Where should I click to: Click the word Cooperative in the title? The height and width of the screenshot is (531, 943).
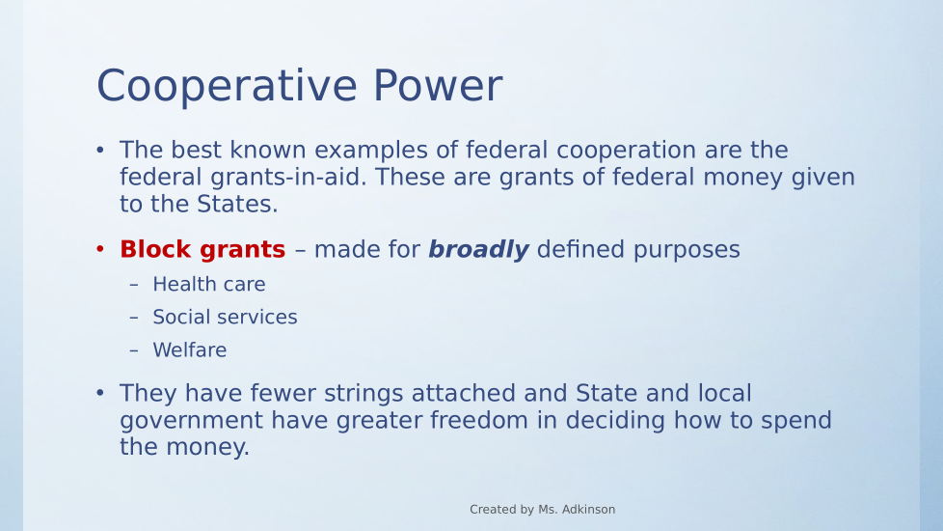[228, 86]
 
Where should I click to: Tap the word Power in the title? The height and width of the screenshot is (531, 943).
[438, 85]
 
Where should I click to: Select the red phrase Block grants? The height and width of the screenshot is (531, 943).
[202, 250]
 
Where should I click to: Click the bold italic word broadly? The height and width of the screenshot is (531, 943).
[478, 249]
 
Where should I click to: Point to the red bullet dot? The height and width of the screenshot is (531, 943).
[100, 249]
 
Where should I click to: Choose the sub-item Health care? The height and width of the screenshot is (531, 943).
[208, 284]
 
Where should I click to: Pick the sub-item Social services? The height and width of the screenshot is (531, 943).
[225, 317]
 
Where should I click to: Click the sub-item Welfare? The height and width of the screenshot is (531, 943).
[189, 349]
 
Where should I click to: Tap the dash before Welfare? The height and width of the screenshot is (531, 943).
[134, 350]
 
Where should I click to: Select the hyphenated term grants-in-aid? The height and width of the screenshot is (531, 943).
[288, 178]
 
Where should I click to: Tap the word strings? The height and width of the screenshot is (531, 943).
[364, 394]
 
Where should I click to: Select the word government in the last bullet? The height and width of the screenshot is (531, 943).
[191, 421]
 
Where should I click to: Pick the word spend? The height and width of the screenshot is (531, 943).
[796, 421]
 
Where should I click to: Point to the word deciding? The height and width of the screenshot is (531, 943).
[615, 421]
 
